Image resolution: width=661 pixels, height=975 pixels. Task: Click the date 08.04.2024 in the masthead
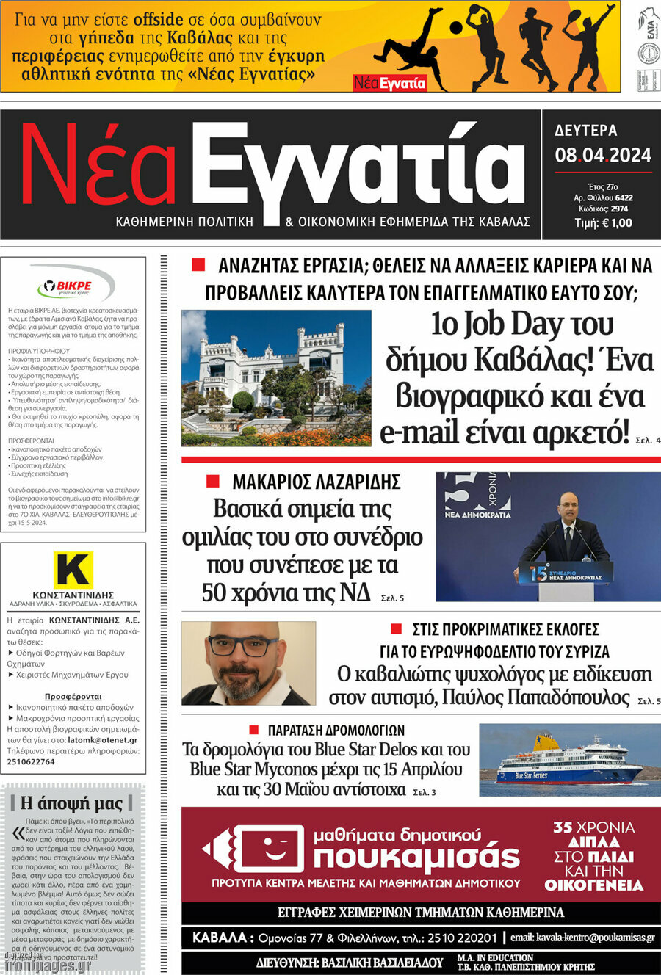pyautogui.click(x=603, y=155)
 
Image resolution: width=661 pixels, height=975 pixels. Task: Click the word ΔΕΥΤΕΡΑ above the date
pyautogui.click(x=586, y=131)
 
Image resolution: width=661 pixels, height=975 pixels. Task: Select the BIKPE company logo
pyautogui.click(x=74, y=286)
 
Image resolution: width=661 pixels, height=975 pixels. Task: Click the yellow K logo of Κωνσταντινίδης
pyautogui.click(x=73, y=570)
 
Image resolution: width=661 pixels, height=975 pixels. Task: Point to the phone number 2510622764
pyautogui.click(x=31, y=762)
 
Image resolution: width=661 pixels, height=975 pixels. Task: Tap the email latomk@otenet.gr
pyautogui.click(x=102, y=740)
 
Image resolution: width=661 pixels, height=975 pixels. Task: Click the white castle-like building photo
pyautogui.click(x=276, y=377)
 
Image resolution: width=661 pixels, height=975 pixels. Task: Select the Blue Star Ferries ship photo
pyautogui.click(x=569, y=760)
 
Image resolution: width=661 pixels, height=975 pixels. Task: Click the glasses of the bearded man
pyautogui.click(x=242, y=646)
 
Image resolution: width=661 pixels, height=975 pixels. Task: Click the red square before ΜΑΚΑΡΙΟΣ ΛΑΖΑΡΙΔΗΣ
pyautogui.click(x=213, y=482)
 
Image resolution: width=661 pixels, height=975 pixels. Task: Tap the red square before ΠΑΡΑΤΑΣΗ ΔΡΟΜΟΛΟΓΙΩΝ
pyautogui.click(x=254, y=730)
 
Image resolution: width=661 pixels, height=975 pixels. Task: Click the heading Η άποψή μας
pyautogui.click(x=71, y=802)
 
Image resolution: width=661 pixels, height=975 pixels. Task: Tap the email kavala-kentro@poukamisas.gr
pyautogui.click(x=582, y=938)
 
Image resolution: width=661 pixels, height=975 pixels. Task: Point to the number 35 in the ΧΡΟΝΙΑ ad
pyautogui.click(x=563, y=827)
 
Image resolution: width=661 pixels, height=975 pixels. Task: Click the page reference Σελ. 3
pyautogui.click(x=425, y=792)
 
